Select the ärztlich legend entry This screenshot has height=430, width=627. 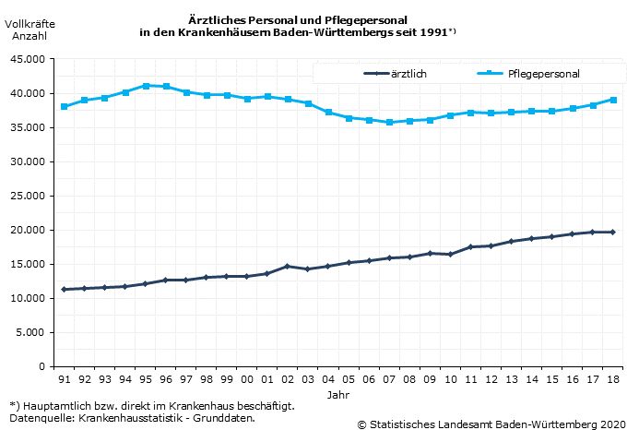tap(408, 74)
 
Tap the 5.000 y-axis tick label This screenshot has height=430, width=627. tap(31, 332)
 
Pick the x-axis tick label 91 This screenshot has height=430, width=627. tap(64, 379)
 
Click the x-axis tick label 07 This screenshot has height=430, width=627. tap(390, 379)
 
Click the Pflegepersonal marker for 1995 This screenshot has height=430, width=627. tap(146, 86)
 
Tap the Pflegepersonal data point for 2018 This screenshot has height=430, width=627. tap(614, 100)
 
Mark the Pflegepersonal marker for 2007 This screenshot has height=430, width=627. tap(390, 122)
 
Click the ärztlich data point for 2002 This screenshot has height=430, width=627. tap(288, 266)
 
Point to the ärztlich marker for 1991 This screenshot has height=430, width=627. tap(64, 289)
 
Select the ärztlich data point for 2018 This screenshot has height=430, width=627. tap(614, 232)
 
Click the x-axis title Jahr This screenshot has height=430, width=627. tap(338, 394)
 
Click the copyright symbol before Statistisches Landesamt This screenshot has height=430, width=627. tap(361, 424)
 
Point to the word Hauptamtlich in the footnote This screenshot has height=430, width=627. tap(57, 406)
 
